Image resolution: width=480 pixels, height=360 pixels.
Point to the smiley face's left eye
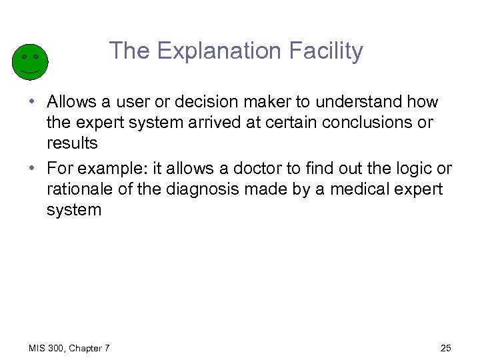point(24,56)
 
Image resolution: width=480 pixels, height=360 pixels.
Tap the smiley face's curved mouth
point(30,69)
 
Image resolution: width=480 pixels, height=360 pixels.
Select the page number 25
point(446,348)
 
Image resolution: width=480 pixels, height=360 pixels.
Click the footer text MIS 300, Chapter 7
point(69,348)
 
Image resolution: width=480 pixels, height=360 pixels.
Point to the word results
point(72,143)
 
